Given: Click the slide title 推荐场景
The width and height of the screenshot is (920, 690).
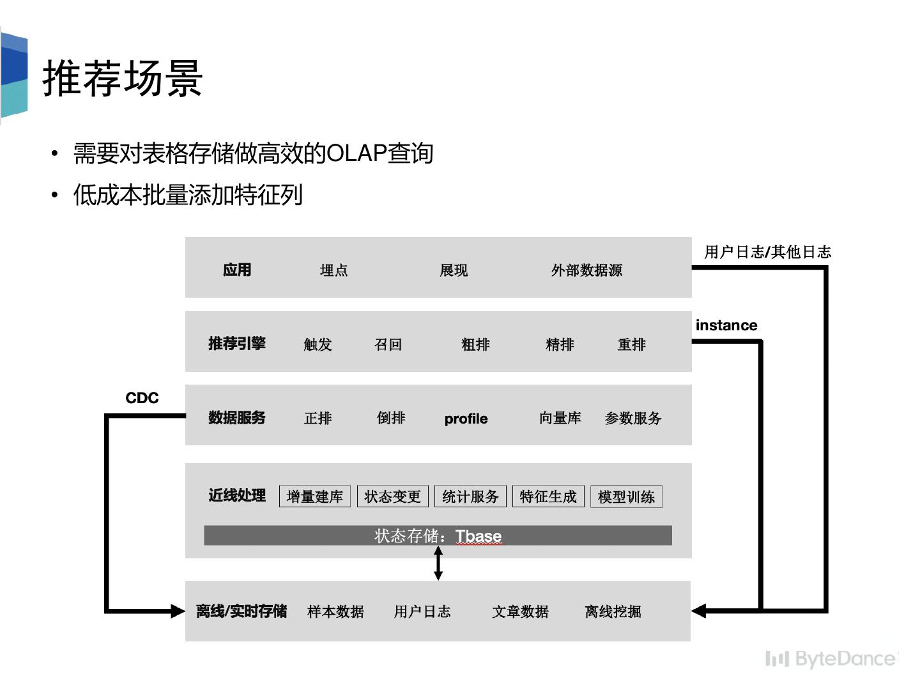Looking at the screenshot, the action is (x=123, y=78).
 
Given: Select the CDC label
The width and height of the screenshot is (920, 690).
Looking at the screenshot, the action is (x=142, y=398).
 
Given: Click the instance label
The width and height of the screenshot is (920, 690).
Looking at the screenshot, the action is (x=726, y=325).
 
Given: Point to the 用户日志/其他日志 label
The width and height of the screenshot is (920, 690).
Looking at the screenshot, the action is (x=767, y=252).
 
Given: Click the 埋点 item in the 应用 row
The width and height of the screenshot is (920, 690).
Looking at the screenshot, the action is (x=333, y=270).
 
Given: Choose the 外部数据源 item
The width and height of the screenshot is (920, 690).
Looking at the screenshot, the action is (x=586, y=270).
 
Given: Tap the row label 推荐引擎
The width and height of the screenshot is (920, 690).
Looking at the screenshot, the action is (x=236, y=344).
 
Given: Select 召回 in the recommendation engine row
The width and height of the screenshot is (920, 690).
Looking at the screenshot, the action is (x=388, y=345).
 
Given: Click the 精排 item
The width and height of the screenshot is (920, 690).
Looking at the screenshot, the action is (x=560, y=345).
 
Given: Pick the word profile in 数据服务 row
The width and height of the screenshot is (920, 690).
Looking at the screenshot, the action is (x=466, y=419).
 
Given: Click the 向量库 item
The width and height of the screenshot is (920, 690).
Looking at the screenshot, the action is (x=560, y=418).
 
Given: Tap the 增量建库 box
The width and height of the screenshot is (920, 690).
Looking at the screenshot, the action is (x=315, y=496).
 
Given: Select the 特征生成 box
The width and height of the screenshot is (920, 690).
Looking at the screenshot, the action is (x=548, y=496).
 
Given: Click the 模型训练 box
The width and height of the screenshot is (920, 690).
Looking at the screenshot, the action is (x=626, y=496).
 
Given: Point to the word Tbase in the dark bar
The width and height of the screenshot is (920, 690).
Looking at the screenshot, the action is (x=479, y=536).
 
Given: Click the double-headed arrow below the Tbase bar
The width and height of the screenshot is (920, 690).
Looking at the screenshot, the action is (x=438, y=563).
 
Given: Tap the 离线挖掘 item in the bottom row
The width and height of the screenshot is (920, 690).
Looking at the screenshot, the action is (x=613, y=612).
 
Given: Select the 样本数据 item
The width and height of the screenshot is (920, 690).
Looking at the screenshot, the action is (x=335, y=612).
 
